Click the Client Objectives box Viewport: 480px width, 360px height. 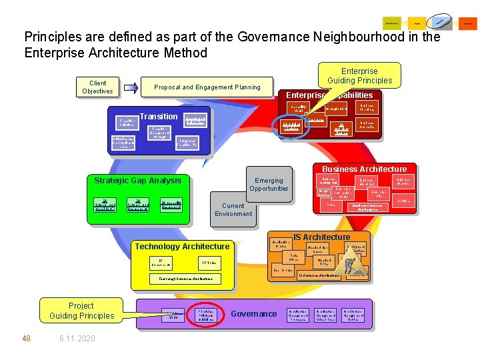coord(97,87)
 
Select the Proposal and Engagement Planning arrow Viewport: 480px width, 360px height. coord(207,87)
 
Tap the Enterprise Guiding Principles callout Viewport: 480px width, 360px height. coord(359,75)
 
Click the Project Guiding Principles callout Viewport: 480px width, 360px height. coord(81,311)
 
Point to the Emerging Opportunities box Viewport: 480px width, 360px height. coord(269,184)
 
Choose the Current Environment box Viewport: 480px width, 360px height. coord(233,209)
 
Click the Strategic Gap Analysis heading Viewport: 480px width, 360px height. coord(137,180)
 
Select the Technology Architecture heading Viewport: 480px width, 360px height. coord(182,247)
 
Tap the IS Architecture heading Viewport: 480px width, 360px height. coord(321,237)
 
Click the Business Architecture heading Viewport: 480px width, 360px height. coord(364,169)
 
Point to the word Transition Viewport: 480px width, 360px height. coord(159,116)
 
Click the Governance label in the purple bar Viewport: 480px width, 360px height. coord(253,314)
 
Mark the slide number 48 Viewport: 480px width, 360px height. coord(26,338)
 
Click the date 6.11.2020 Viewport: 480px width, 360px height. coord(77,338)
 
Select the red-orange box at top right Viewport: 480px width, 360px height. coord(469,23)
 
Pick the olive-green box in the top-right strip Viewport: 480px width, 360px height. coord(392,23)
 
